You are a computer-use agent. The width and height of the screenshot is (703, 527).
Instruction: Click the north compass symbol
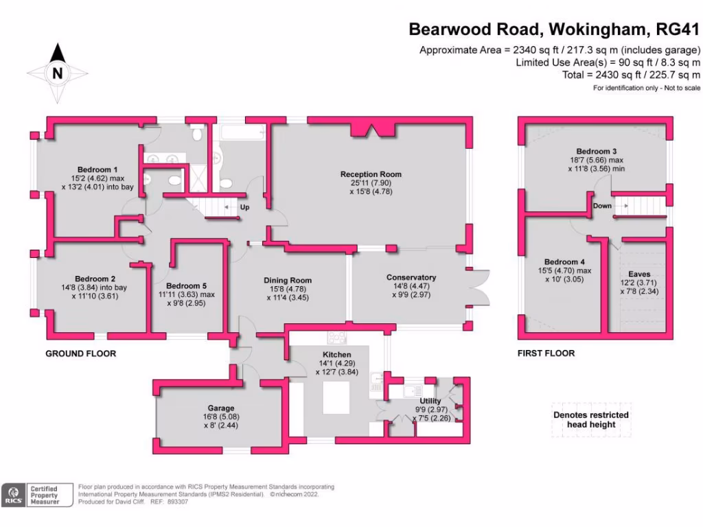pyautogui.click(x=58, y=72)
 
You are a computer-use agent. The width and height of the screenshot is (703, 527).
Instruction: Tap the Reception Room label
pyautogui.click(x=371, y=174)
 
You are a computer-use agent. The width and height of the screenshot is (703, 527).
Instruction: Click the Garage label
pyautogui.click(x=221, y=408)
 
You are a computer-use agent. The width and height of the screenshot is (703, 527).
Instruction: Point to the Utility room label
pyautogui.click(x=430, y=401)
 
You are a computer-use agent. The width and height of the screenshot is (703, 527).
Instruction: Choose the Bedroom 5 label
pyautogui.click(x=186, y=285)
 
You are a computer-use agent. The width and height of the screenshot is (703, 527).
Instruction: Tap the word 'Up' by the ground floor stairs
pyautogui.click(x=244, y=207)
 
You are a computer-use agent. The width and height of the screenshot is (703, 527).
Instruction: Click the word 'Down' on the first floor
pyautogui.click(x=602, y=205)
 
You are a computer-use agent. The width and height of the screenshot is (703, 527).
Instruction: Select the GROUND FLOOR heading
pyautogui.click(x=80, y=353)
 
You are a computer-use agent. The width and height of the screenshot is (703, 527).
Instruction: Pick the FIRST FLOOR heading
pyautogui.click(x=546, y=353)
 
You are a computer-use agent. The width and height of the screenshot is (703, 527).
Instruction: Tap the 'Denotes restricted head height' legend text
pyautogui.click(x=590, y=419)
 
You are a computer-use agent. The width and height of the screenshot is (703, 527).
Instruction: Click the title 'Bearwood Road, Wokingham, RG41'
pyautogui.click(x=554, y=30)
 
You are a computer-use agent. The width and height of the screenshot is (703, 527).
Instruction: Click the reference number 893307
pyautogui.click(x=176, y=502)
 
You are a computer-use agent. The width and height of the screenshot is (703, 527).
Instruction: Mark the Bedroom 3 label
pyautogui.click(x=596, y=151)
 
